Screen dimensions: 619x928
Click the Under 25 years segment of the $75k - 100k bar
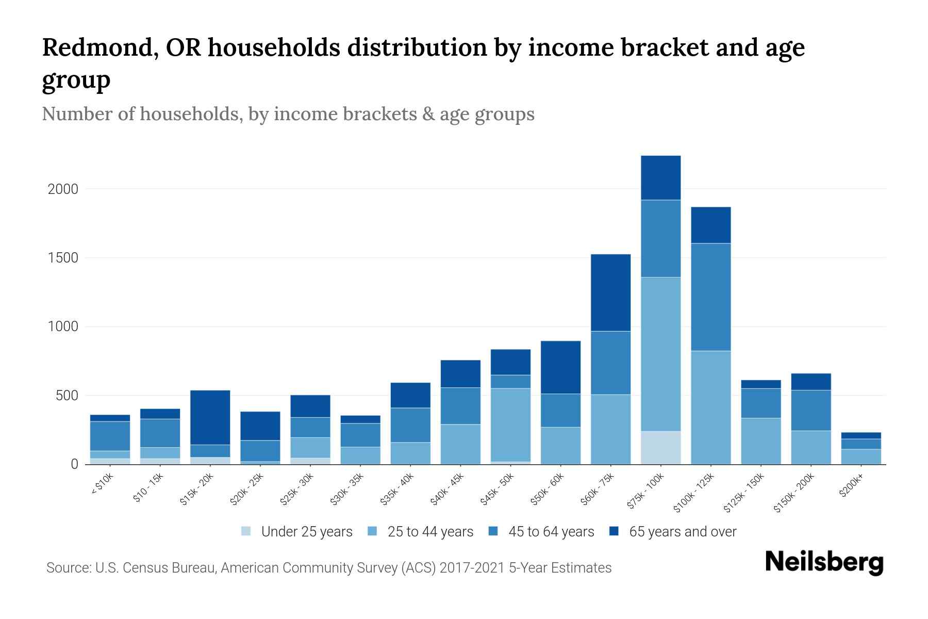point(660,447)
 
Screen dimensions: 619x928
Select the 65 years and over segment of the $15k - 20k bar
point(210,417)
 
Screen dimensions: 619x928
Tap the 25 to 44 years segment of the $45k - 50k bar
point(510,425)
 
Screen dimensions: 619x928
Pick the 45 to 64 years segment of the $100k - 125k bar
point(710,297)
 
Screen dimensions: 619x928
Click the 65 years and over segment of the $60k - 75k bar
point(610,292)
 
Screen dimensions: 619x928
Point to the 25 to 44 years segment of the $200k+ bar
point(860,457)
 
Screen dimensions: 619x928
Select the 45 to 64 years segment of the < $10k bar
point(110,436)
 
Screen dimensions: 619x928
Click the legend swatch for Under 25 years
point(246,531)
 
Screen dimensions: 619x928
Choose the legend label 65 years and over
point(683,532)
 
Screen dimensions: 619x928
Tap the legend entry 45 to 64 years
point(551,532)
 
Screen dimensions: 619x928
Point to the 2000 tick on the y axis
point(63,189)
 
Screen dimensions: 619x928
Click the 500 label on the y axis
point(67,396)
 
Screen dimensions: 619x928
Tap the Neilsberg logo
point(824,562)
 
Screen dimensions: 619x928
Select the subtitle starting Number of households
point(288,114)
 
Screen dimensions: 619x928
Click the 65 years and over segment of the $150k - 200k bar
point(810,382)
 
